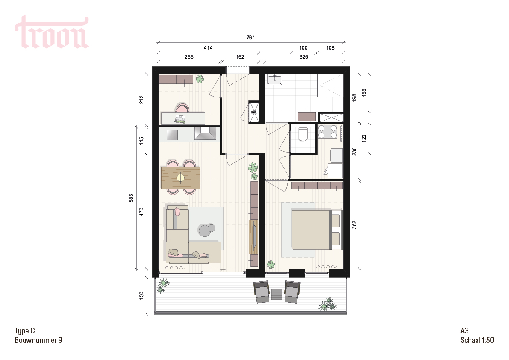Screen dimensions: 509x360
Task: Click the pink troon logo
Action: click(x=52, y=32)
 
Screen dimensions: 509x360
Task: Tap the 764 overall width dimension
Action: click(x=250, y=38)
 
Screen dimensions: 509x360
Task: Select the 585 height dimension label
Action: click(x=131, y=198)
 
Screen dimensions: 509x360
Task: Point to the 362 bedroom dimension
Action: click(x=354, y=225)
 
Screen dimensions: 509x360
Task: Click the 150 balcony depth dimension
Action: click(x=141, y=295)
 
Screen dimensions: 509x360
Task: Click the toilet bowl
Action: click(x=303, y=134)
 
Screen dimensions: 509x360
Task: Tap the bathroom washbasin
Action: click(x=275, y=80)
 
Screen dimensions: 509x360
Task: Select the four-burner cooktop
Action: click(x=327, y=132)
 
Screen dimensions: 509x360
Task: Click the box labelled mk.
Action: click(x=253, y=112)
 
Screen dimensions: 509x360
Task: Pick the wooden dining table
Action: click(x=180, y=177)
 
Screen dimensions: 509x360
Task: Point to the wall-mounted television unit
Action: click(x=253, y=236)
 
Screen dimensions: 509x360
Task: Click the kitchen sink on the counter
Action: click(x=172, y=134)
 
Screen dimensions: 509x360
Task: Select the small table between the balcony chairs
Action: click(x=277, y=294)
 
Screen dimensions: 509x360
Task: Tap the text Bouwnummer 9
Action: click(x=38, y=340)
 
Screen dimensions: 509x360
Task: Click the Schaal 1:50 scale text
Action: click(x=477, y=340)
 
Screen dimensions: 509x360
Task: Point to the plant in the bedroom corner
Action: click(x=271, y=265)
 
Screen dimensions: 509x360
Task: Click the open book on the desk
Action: click(x=180, y=119)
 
